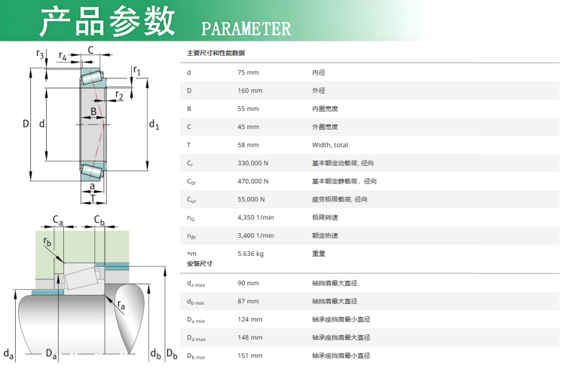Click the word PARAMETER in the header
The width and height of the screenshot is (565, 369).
246,29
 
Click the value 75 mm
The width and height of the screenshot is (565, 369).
247,72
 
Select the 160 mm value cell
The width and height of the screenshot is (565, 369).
249,91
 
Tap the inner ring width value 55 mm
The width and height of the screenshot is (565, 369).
247,109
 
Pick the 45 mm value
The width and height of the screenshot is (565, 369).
247,127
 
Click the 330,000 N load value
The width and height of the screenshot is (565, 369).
252,163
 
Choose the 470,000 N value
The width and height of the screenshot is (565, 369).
252,181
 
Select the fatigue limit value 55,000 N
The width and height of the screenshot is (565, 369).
251,199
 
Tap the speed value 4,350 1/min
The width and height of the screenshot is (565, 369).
255,217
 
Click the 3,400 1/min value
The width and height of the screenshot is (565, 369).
255,235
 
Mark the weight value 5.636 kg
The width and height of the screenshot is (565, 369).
250,254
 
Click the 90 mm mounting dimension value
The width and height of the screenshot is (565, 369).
247,283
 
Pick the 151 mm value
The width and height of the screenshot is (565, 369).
249,355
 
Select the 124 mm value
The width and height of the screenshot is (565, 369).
249,319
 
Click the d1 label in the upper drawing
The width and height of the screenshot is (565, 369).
154,125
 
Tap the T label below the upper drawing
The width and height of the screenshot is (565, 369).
93,198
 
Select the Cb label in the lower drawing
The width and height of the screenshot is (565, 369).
99,220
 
